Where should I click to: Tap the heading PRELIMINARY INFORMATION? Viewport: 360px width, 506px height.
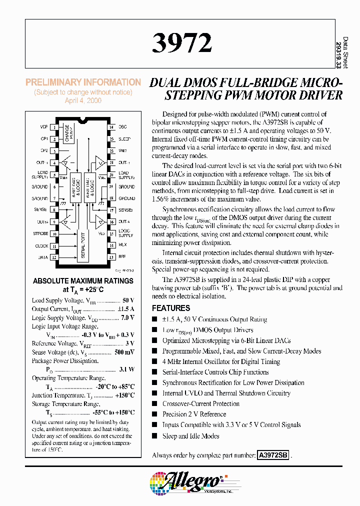83,82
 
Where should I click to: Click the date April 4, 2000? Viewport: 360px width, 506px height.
83,100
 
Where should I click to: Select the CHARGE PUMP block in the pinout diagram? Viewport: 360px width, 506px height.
67,133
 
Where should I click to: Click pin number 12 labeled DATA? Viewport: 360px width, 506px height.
53,257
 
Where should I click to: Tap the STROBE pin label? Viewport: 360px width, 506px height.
41,233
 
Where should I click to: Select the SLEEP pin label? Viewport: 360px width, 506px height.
124,139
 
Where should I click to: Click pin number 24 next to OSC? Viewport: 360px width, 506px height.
112,127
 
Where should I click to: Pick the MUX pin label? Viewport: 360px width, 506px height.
122,245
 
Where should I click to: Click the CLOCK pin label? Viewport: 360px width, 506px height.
41,245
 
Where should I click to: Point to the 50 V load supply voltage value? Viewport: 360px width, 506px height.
128,300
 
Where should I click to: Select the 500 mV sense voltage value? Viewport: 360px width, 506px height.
125,352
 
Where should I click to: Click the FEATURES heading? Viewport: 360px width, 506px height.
171,308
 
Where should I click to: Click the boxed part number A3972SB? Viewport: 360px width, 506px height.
273,455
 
